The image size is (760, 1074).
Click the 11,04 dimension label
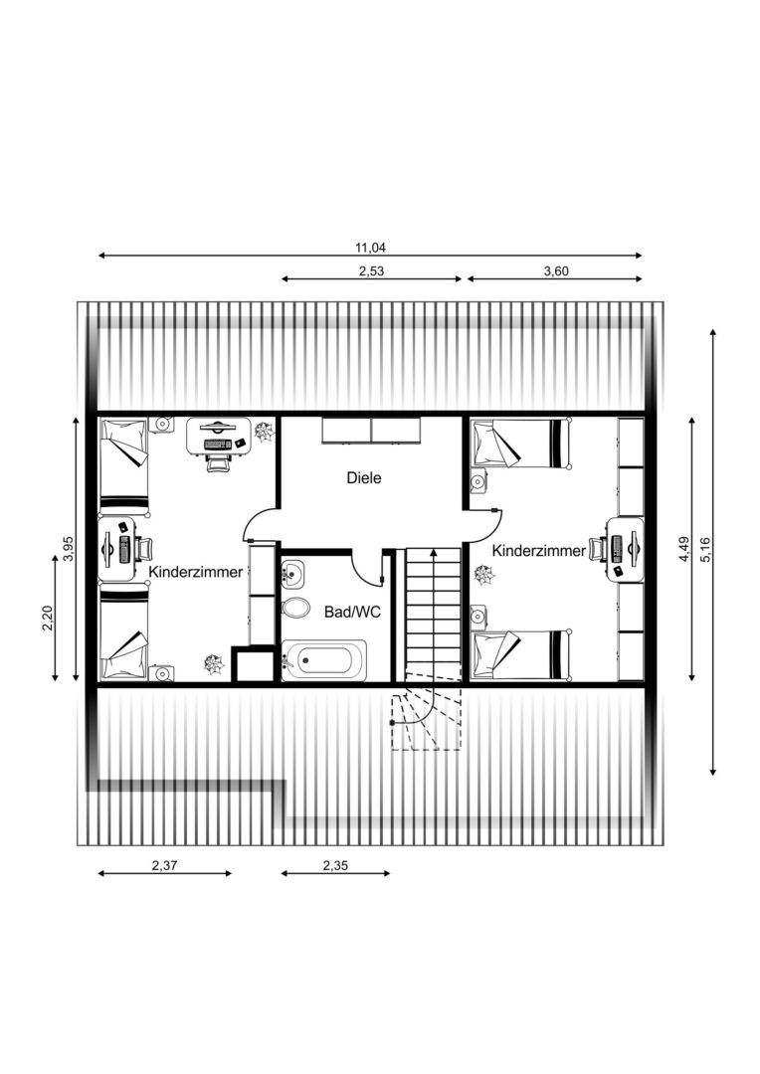[370, 248]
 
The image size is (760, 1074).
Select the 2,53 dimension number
[371, 270]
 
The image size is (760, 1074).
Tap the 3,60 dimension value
[556, 270]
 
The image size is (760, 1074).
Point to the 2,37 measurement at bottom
[164, 865]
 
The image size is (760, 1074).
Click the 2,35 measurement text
[335, 865]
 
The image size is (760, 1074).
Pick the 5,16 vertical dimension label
[705, 550]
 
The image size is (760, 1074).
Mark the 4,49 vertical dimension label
[684, 550]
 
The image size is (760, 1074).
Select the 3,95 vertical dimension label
[68, 549]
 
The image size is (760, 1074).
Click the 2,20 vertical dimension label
[47, 619]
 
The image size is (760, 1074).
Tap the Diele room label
[364, 477]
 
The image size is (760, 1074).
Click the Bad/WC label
[352, 612]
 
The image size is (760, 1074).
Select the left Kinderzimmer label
[196, 571]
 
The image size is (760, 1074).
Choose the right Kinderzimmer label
[539, 550]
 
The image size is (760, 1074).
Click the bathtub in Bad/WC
[324, 660]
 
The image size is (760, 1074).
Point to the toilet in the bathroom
[295, 607]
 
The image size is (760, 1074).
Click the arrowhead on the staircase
[433, 553]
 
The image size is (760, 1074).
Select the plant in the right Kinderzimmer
[485, 576]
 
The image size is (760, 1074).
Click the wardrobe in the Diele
[371, 431]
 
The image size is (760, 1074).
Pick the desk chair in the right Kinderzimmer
[598, 549]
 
